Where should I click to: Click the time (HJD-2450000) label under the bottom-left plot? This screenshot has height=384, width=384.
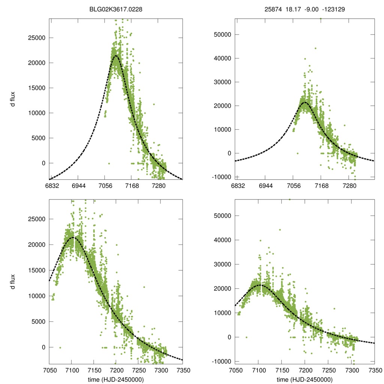[x=115, y=379]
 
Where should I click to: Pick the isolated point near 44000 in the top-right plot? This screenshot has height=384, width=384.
[x=315, y=48]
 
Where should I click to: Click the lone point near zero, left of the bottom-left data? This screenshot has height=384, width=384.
[x=60, y=348]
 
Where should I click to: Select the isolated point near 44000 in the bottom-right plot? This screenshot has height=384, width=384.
[x=280, y=230]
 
